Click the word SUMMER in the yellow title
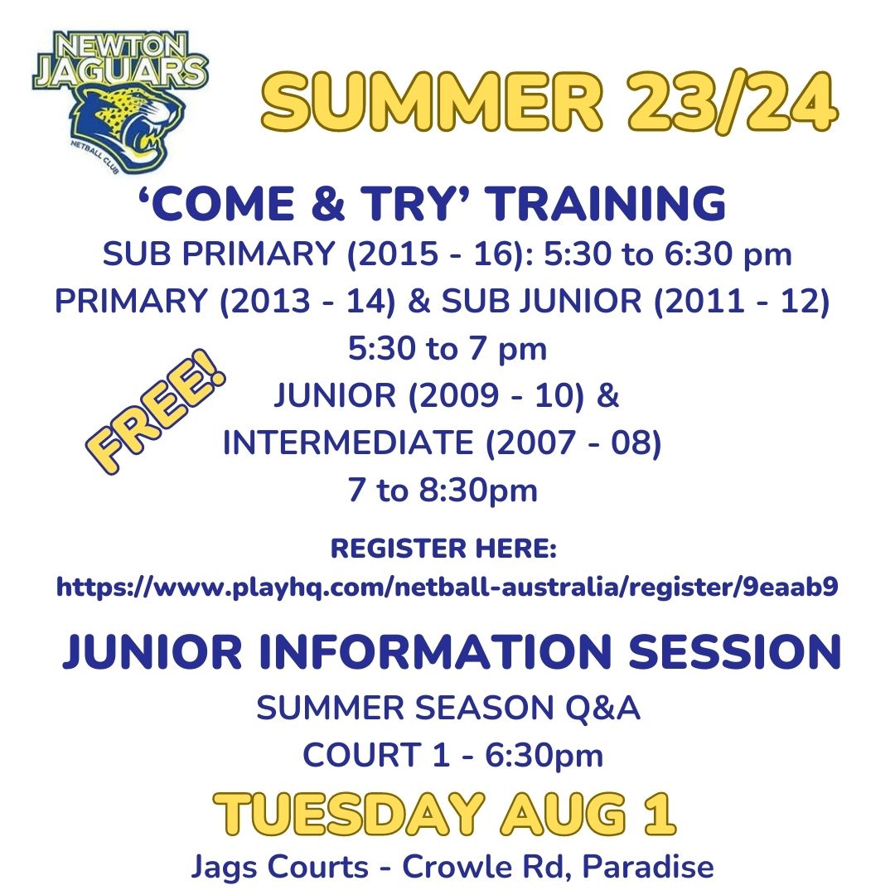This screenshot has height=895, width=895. point(432,104)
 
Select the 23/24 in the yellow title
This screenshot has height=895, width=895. point(731,104)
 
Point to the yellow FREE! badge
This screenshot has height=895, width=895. point(156,411)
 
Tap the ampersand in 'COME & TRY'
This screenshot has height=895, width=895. point(328,204)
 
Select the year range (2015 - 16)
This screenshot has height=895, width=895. point(439,254)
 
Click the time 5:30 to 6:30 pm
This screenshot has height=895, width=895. point(667,254)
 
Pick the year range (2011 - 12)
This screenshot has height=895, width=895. point(742,301)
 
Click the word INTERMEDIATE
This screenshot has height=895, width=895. point(348,443)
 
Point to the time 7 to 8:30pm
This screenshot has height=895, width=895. point(443,491)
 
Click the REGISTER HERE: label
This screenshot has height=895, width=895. point(443,549)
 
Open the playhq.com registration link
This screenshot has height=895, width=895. point(447,587)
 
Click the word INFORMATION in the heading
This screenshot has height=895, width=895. point(436,651)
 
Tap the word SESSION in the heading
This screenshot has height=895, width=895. point(734,651)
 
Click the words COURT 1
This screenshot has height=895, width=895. point(376,755)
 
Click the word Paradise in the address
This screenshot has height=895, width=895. point(648,867)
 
